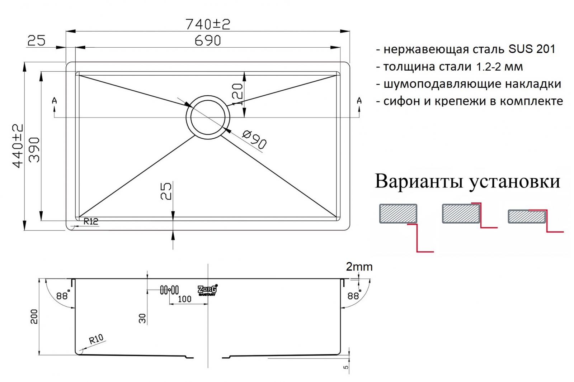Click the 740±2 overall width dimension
pyautogui.click(x=208, y=24)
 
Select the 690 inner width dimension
pyautogui.click(x=208, y=40)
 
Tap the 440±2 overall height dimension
pyautogui.click(x=18, y=146)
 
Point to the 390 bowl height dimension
pyautogui.click(x=34, y=150)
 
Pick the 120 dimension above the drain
pyautogui.click(x=237, y=95)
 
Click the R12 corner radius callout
pyautogui.click(x=91, y=221)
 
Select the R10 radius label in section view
pyautogui.click(x=96, y=339)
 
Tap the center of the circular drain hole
pyautogui.click(x=208, y=118)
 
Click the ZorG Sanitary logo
pyautogui.click(x=208, y=290)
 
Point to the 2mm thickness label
pyautogui.click(x=359, y=267)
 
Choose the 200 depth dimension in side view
pyautogui.click(x=34, y=316)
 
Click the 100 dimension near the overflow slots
pyautogui.click(x=184, y=299)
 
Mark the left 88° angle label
pyautogui.click(x=63, y=295)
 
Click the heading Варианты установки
pyautogui.click(x=467, y=182)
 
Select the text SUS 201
pyautogui.click(x=532, y=49)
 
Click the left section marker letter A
pyautogui.click(x=54, y=101)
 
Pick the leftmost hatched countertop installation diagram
pyautogui.click(x=398, y=214)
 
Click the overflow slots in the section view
pyautogui.click(x=169, y=290)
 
